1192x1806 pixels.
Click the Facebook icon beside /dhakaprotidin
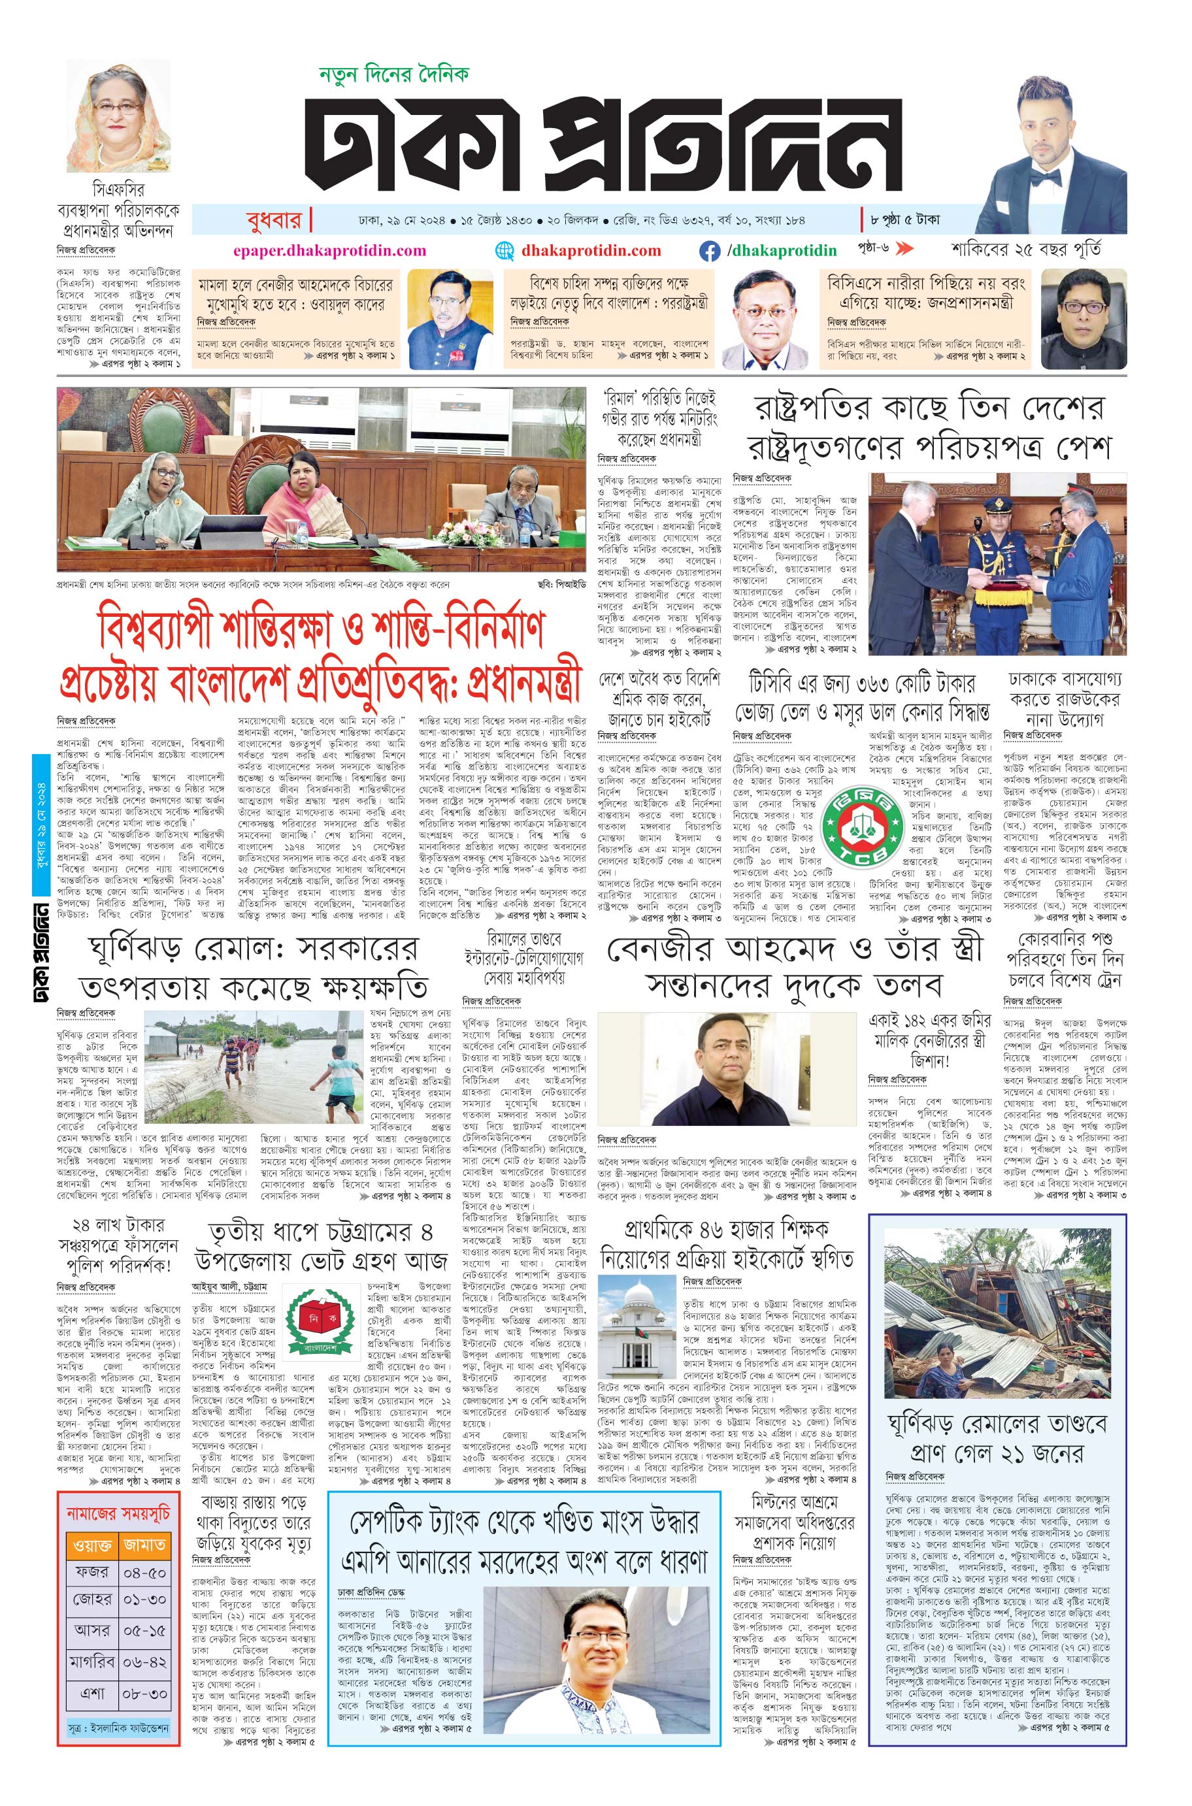tap(709, 251)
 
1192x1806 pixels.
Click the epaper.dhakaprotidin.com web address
tap(329, 251)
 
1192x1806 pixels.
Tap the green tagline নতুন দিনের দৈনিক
tap(393, 74)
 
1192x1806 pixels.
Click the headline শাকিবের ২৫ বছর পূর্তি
tap(1026, 250)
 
